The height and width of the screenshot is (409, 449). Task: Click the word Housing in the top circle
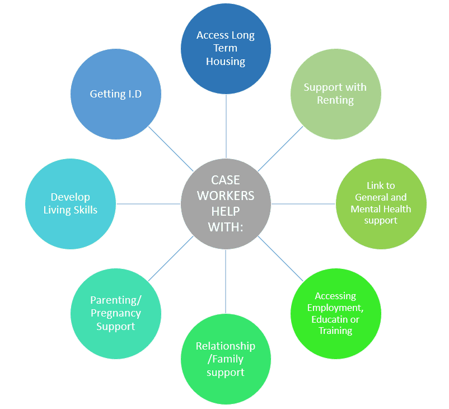pos(226,62)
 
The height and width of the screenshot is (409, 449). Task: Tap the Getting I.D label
pos(116,94)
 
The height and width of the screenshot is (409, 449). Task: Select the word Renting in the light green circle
pos(335,100)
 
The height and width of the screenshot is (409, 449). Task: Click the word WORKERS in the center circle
pos(226,196)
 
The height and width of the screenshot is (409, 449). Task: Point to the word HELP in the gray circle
pos(226,212)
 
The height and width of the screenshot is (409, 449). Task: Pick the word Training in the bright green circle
pos(335,331)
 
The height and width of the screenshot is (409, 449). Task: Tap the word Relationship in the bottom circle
pos(226,346)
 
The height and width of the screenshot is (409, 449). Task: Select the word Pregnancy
pos(116,313)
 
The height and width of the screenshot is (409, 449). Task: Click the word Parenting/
pos(116,300)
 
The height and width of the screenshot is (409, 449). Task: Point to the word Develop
pos(71,197)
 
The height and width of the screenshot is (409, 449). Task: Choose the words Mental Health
pos(381,209)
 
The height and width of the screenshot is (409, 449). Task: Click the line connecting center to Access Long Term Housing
pos(226,126)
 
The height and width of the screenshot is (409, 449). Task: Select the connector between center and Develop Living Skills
pos(148,204)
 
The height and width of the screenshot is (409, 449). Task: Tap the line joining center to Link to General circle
pos(303,204)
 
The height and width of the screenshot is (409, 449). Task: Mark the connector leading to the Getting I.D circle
pos(171,149)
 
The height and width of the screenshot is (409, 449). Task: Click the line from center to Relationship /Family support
pos(226,281)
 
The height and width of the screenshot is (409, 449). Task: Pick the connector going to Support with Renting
pos(280,149)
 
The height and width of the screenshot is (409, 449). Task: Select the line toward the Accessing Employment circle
pos(280,258)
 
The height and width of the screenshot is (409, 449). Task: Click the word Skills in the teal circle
pos(85,210)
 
